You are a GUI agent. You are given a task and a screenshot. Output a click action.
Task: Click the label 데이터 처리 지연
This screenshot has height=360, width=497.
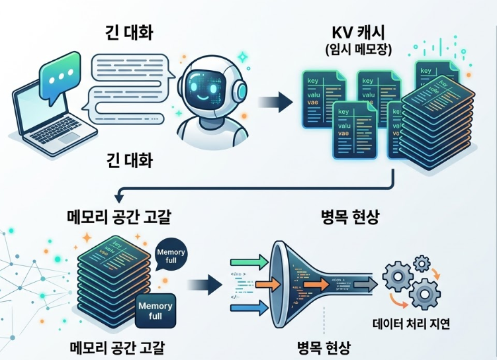tap(411, 324)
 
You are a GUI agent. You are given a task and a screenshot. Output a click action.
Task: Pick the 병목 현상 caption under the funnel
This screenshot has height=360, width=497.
tap(324, 347)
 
